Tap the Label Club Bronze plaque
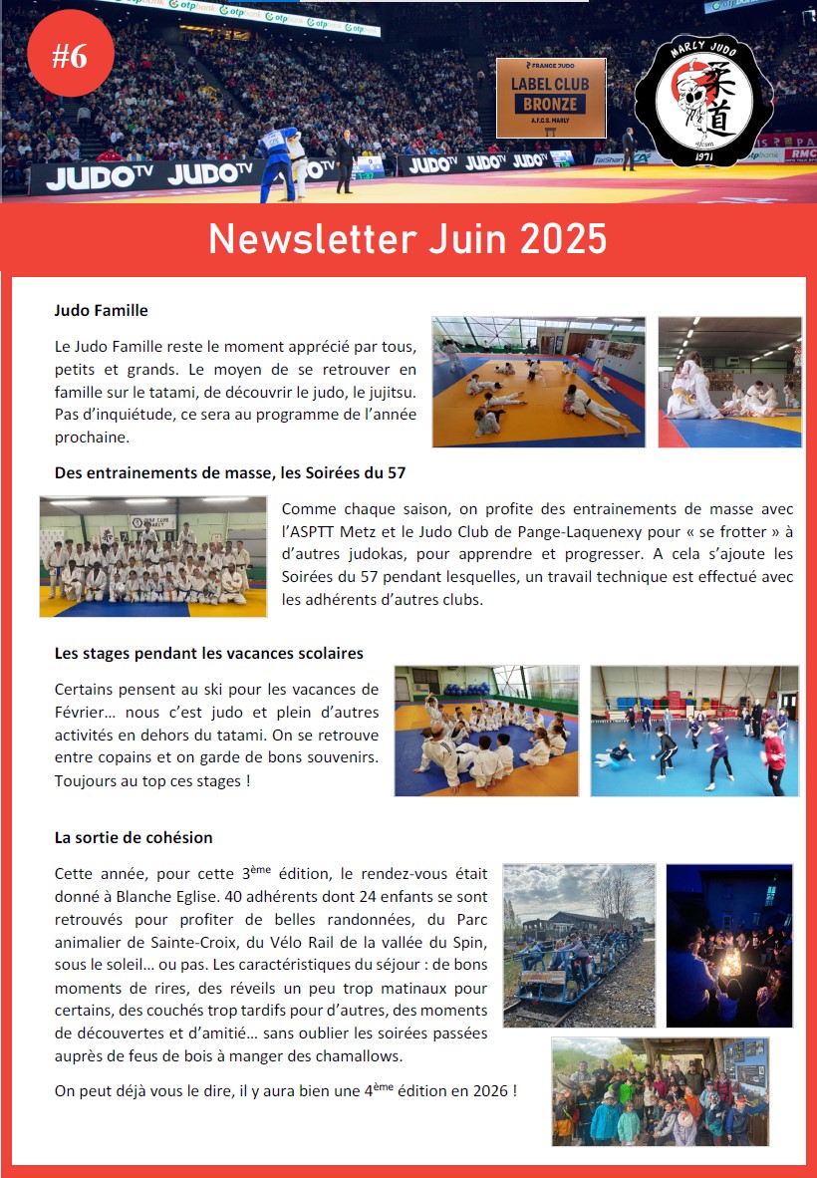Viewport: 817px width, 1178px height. tap(550, 98)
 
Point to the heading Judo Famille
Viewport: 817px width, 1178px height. tap(101, 310)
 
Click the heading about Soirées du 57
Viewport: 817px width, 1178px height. tap(229, 473)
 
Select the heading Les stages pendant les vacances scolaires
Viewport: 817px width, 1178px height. tap(208, 654)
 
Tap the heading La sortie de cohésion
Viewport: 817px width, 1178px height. tap(133, 837)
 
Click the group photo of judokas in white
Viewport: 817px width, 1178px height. tap(153, 556)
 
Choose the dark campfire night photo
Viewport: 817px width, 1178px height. tap(728, 946)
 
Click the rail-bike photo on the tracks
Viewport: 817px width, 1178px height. tap(579, 946)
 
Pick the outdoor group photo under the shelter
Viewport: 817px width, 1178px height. tap(660, 1091)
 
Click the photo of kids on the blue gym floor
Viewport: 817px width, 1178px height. tap(694, 731)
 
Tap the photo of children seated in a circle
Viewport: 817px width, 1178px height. tap(486, 731)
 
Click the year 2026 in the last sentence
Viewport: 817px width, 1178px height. tap(489, 1091)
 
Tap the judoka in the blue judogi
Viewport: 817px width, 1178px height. tap(275, 159)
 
